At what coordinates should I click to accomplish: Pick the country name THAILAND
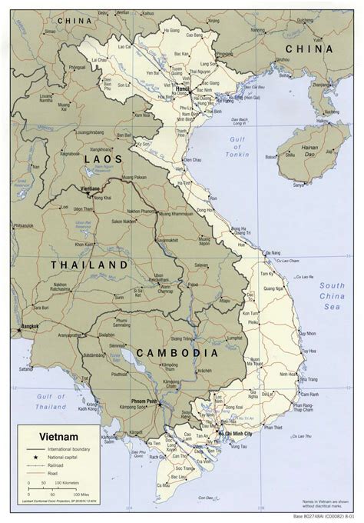click(88, 264)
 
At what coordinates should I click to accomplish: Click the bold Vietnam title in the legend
click(45, 435)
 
